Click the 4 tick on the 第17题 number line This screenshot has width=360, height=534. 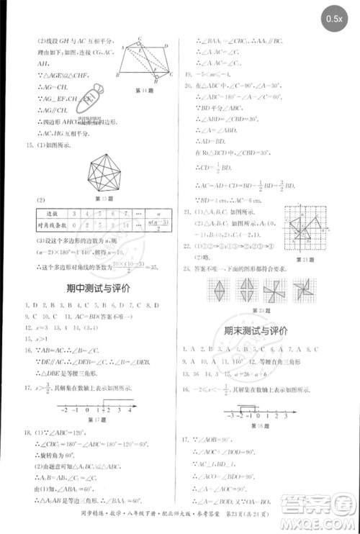click(129, 409)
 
